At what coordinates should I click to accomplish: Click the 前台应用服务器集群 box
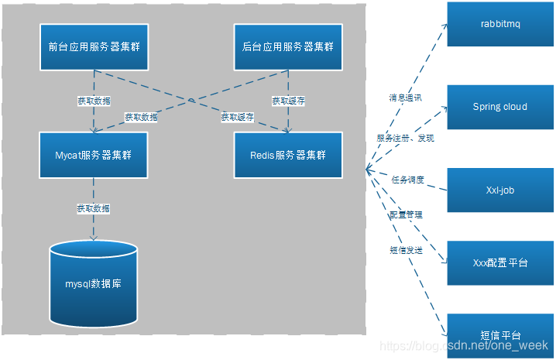coord(94,46)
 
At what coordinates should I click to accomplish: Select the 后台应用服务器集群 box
coord(288,46)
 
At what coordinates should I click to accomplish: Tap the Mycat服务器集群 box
coord(94,155)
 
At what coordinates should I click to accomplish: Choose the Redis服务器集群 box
coord(288,155)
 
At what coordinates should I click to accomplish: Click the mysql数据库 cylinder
coord(94,283)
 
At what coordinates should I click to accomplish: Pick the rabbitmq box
coord(499,24)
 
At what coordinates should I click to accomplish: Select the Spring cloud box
coord(499,107)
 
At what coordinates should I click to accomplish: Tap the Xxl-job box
coord(499,189)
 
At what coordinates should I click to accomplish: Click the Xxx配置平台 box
coord(499,262)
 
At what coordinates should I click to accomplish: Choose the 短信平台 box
coord(499,334)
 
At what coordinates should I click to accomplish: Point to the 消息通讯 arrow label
coord(403,98)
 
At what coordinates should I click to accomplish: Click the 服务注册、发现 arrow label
coord(405,138)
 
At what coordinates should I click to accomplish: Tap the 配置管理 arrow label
coord(405,214)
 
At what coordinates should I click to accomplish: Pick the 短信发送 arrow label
coord(405,250)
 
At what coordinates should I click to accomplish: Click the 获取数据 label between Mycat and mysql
coord(93,208)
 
